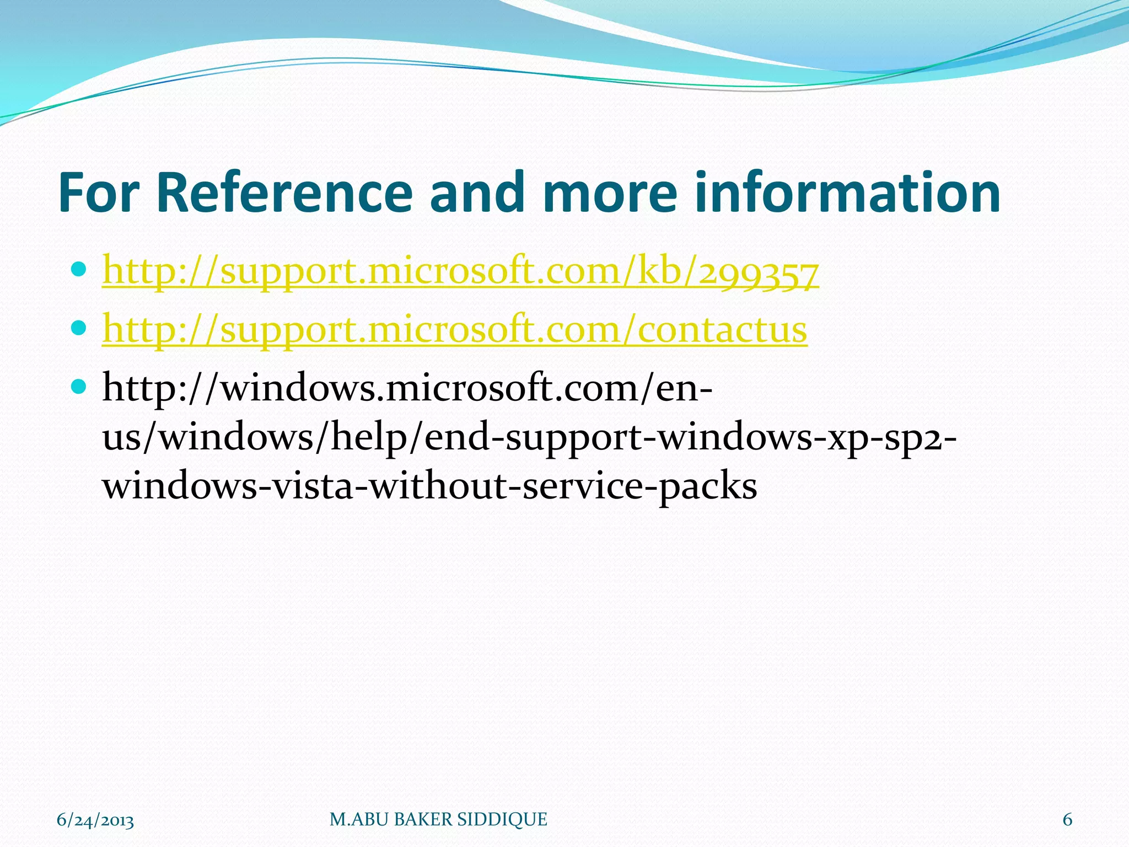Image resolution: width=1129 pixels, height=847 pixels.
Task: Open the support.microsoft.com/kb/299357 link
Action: (x=460, y=272)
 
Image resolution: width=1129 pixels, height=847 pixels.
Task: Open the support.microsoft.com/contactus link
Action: (x=454, y=330)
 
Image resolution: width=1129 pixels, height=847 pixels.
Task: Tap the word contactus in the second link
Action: (x=722, y=330)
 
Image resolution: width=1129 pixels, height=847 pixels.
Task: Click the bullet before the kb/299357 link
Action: (x=79, y=270)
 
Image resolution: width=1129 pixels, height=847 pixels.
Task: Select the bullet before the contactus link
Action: (x=79, y=328)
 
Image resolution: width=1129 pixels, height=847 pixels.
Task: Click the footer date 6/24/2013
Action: (x=95, y=820)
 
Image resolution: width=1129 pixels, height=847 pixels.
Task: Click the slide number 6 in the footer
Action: (x=1067, y=820)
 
